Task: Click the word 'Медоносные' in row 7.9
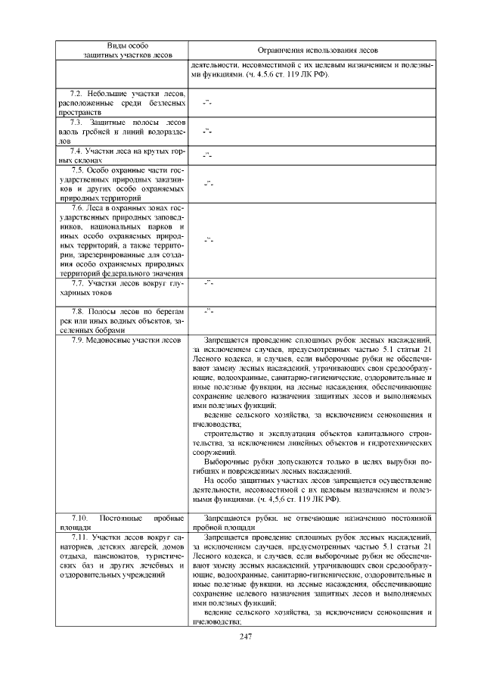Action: tap(111, 340)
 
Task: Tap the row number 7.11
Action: tap(76, 537)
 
